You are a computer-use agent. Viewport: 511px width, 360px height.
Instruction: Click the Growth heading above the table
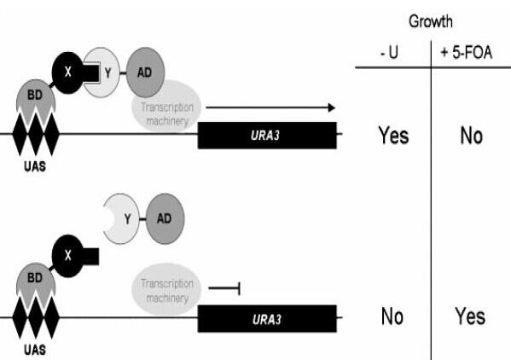tap(431, 22)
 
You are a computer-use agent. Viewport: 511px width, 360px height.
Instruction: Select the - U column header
tap(390, 52)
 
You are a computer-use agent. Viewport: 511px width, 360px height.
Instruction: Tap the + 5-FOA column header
tap(467, 52)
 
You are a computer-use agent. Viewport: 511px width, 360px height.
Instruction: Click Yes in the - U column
tap(393, 135)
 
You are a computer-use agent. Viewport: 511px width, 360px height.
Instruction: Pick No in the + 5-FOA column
tap(471, 136)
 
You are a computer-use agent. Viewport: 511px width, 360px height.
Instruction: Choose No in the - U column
tap(392, 316)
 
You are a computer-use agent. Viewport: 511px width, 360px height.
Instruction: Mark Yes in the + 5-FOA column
tap(470, 316)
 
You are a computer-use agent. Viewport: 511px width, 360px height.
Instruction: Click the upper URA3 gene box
tap(267, 136)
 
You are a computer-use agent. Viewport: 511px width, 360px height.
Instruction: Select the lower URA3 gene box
tap(267, 318)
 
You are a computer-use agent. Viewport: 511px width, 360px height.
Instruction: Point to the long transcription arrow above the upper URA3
tap(270, 107)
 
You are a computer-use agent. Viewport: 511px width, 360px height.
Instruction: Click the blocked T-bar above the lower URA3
tap(224, 288)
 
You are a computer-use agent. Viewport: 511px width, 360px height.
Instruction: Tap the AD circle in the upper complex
tap(145, 73)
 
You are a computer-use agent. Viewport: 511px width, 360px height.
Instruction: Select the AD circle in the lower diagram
tap(165, 218)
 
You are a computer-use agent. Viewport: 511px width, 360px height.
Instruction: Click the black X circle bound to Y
tap(68, 73)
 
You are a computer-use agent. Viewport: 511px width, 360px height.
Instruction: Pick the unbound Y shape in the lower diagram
tap(122, 219)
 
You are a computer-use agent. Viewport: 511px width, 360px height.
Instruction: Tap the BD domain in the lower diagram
tap(35, 280)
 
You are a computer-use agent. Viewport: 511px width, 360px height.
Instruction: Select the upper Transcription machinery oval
tap(166, 106)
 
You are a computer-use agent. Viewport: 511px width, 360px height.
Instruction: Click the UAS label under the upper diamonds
tap(35, 166)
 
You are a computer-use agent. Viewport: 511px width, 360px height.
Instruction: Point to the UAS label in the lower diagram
tap(35, 350)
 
